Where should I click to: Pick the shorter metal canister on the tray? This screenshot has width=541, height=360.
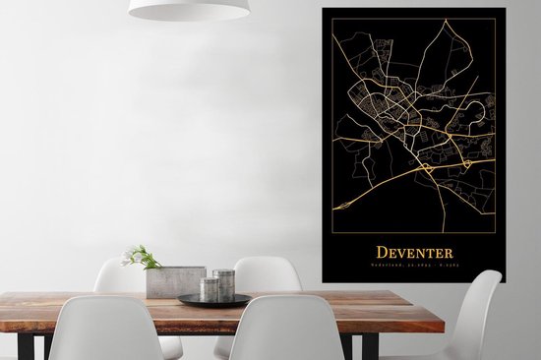coord(209,289)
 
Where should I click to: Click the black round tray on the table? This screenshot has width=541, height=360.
coord(214,300)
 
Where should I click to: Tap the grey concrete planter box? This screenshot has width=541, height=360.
coord(174,282)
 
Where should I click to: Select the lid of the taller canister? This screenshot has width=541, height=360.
coord(224,272)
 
